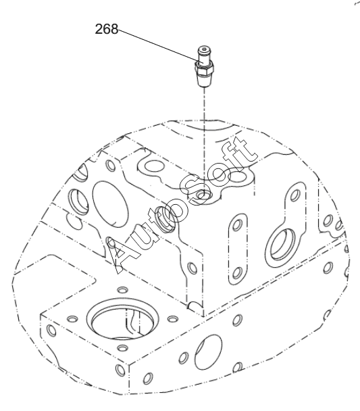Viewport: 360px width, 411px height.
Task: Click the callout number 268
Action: (x=106, y=29)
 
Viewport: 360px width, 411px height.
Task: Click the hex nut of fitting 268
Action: (x=205, y=69)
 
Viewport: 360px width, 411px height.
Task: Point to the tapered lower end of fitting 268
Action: (x=204, y=80)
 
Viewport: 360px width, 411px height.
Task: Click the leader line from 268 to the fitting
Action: (x=159, y=46)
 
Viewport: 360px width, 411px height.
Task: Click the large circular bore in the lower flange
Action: (x=122, y=318)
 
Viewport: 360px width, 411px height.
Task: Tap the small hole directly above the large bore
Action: (x=122, y=289)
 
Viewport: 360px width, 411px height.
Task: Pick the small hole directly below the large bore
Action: (x=122, y=348)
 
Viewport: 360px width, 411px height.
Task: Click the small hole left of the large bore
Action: (x=72, y=319)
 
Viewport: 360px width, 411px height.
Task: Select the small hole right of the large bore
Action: (x=172, y=319)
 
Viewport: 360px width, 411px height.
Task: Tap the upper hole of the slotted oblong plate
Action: (x=238, y=224)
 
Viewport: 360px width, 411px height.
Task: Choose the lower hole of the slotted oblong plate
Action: (x=237, y=272)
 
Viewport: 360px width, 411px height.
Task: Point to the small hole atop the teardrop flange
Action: (x=296, y=194)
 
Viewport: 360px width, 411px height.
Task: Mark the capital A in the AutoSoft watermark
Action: (x=122, y=255)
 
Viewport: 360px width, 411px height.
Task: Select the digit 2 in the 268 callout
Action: (x=99, y=29)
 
